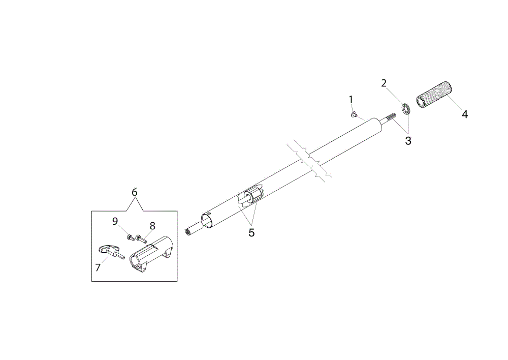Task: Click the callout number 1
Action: click(x=351, y=99)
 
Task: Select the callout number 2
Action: click(x=384, y=83)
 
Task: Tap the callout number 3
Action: click(x=408, y=141)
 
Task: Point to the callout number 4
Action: click(x=465, y=114)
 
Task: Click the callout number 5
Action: click(x=252, y=232)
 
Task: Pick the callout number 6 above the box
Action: click(x=135, y=192)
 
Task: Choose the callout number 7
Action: click(x=98, y=267)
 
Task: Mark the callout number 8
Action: click(x=152, y=226)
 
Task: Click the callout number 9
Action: click(x=115, y=222)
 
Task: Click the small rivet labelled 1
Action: click(x=354, y=114)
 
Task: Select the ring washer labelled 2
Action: click(x=406, y=109)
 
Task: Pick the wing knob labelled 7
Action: click(x=109, y=252)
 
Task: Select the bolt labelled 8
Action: click(x=142, y=238)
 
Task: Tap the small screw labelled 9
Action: click(x=131, y=238)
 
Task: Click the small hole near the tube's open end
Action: click(x=210, y=213)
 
